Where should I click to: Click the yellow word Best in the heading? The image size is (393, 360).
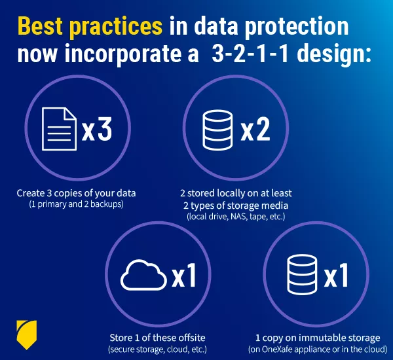(x=40, y=26)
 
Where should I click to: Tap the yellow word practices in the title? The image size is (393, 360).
(x=116, y=27)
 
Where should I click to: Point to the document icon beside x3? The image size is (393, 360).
(x=59, y=129)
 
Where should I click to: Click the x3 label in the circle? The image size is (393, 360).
(x=97, y=130)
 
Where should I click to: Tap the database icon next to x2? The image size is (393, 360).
(x=217, y=130)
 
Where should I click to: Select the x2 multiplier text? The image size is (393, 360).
(x=255, y=130)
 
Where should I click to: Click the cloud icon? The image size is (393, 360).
(x=144, y=275)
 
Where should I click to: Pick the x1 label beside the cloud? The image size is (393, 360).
(x=184, y=275)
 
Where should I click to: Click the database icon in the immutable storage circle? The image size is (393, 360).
(x=302, y=274)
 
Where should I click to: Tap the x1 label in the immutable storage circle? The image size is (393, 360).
(x=337, y=275)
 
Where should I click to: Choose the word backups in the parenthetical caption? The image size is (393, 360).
(x=107, y=204)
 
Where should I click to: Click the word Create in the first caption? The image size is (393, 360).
(x=31, y=193)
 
